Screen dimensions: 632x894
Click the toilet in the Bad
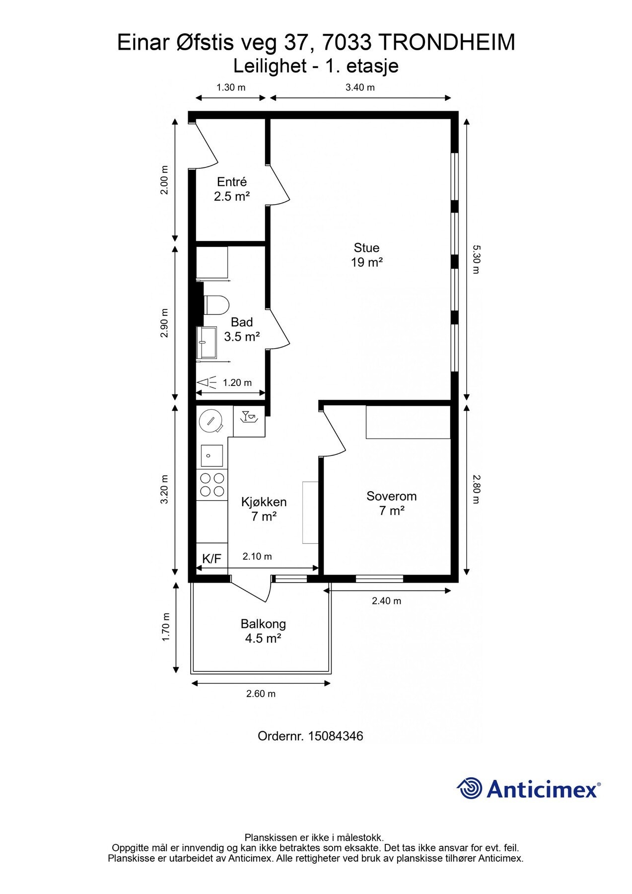(216, 305)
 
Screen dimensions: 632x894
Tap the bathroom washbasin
(207, 342)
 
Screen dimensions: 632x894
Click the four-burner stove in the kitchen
(211, 485)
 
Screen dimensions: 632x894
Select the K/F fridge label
(212, 559)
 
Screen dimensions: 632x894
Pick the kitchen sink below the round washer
(211, 455)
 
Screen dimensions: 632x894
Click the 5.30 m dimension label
(476, 259)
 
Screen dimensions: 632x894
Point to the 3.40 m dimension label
(360, 87)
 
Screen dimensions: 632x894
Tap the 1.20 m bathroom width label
(237, 382)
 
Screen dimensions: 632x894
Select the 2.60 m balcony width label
(261, 694)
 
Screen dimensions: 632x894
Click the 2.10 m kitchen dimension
(257, 556)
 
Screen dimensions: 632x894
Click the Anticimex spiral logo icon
(470, 788)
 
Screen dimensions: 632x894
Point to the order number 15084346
(336, 736)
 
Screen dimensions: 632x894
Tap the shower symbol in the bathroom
(207, 382)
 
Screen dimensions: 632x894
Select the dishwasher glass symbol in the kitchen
(248, 417)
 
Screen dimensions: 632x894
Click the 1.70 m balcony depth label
(166, 627)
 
